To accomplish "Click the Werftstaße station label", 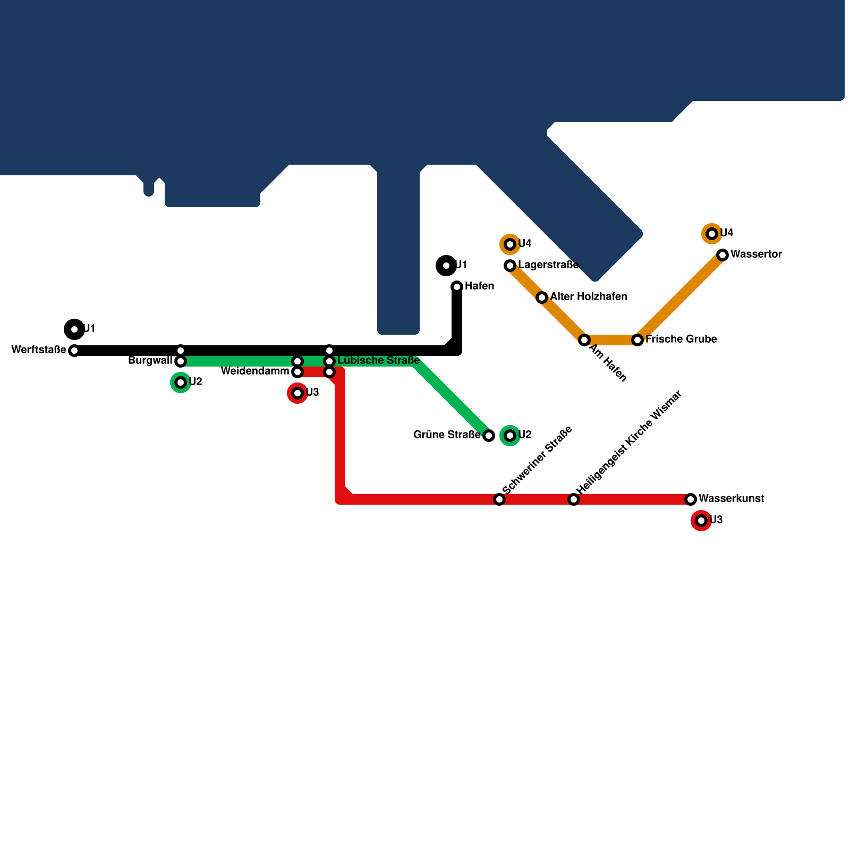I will pyautogui.click(x=39, y=350).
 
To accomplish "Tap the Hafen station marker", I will pyautogui.click(x=457, y=287).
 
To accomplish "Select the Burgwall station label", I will pyautogui.click(x=150, y=361).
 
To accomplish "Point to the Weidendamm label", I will pyautogui.click(x=255, y=371).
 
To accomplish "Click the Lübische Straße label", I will pyautogui.click(x=379, y=361).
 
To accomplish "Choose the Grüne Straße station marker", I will pyautogui.click(x=489, y=436).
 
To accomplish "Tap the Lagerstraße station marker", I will pyautogui.click(x=510, y=265).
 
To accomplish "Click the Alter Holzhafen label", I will pyautogui.click(x=589, y=297).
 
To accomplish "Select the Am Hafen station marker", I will pyautogui.click(x=584, y=340).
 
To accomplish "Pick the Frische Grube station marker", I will pyautogui.click(x=637, y=340).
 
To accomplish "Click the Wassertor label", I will pyautogui.click(x=756, y=254).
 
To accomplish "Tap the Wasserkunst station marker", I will pyautogui.click(x=691, y=499).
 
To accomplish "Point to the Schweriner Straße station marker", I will pyautogui.click(x=499, y=499).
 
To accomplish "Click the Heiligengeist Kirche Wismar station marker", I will pyautogui.click(x=574, y=499).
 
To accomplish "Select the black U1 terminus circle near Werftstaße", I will pyautogui.click(x=74, y=329).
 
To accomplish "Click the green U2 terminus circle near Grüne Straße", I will pyautogui.click(x=510, y=436).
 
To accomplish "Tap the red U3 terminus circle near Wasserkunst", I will pyautogui.click(x=701, y=521).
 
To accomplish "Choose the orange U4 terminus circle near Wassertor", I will pyautogui.click(x=712, y=234).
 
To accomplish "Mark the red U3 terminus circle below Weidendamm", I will pyautogui.click(x=297, y=393).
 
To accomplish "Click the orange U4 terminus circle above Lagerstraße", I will pyautogui.click(x=510, y=244).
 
